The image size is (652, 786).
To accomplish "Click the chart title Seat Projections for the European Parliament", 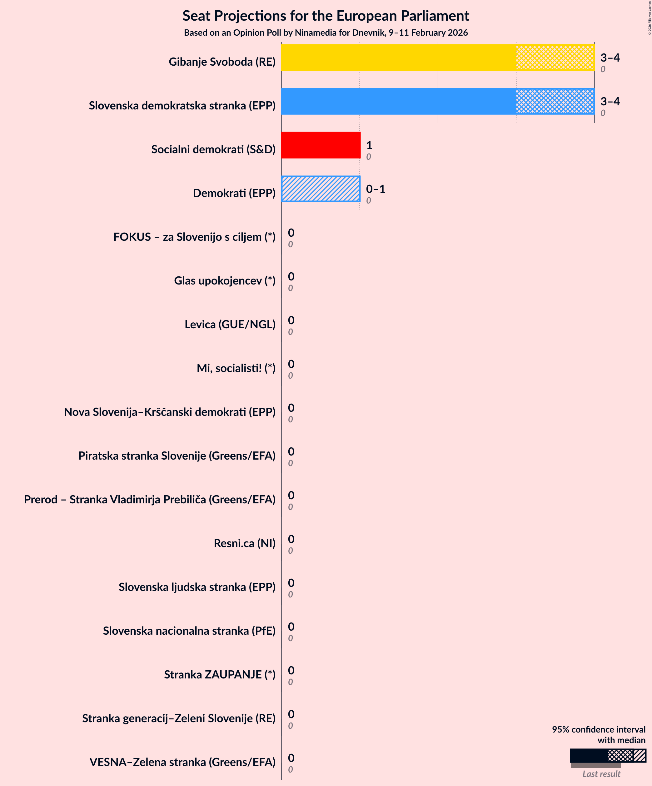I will point(326,16).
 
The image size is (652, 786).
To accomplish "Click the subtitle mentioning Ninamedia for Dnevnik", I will point(326,33).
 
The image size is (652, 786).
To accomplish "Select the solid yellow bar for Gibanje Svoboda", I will point(398,58).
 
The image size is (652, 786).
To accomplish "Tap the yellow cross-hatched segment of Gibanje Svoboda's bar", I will point(555,58).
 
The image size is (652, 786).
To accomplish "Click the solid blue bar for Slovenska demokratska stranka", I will point(398,101).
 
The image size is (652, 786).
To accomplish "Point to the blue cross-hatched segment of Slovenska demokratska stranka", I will point(555,101).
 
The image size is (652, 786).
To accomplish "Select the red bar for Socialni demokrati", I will point(321,145).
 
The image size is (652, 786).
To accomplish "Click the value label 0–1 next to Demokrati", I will point(376,189).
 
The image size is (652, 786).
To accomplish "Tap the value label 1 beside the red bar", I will point(369,145).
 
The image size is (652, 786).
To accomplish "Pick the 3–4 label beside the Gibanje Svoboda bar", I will point(610,58).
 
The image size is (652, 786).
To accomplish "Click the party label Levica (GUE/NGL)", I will point(230,325).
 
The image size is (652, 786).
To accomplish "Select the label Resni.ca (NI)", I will point(244,543).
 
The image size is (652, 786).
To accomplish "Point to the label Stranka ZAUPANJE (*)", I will point(220,674).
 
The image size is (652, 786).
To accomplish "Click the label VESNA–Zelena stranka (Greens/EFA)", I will point(182,762).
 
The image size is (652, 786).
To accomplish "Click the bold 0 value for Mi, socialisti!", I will point(291,364).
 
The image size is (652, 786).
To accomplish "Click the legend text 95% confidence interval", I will point(599,729).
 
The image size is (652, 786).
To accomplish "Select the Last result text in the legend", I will point(601,774).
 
